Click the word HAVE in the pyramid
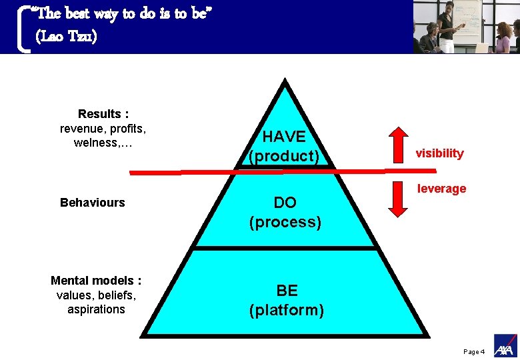[x=285, y=137]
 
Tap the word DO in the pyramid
[x=285, y=203]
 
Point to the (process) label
[x=285, y=222]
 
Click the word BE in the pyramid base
[x=287, y=291]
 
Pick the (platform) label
[x=287, y=310]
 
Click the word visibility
[x=439, y=153]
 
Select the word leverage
[x=441, y=189]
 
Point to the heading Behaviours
[x=92, y=203]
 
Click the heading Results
[x=99, y=114]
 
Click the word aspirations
[x=96, y=309]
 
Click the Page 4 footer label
[x=473, y=352]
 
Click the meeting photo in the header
[x=466, y=27]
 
